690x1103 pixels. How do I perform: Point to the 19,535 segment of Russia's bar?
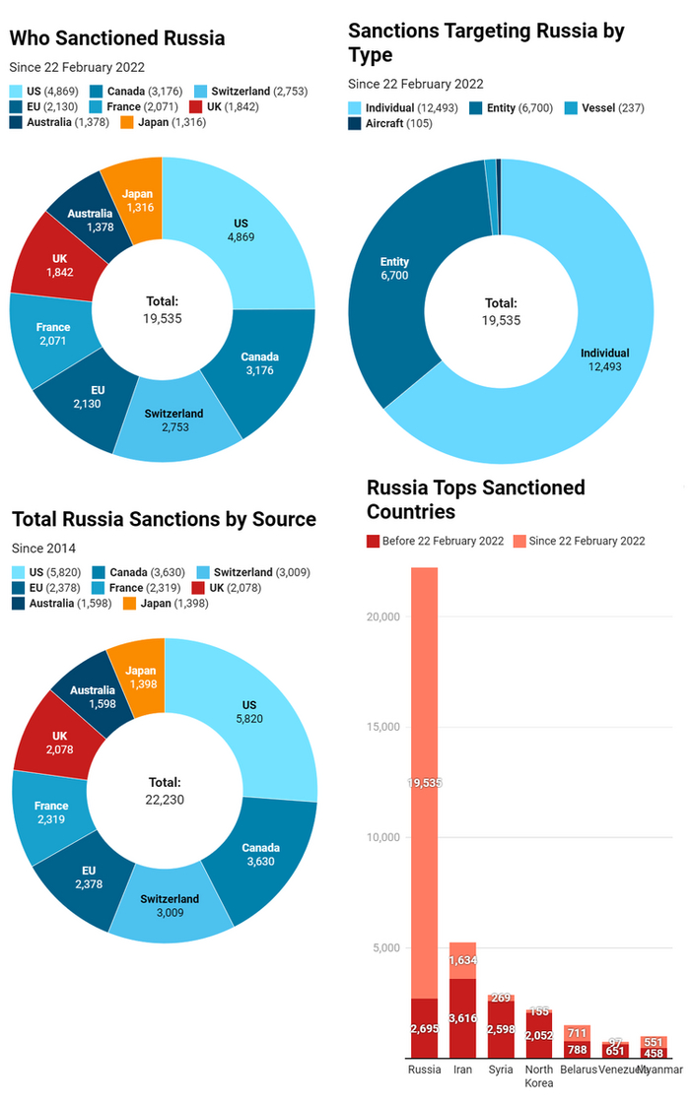pos(425,782)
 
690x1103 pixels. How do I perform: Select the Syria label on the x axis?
pos(501,1070)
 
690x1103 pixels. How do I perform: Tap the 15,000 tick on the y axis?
pos(380,727)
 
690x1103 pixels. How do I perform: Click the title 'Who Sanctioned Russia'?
pos(117,38)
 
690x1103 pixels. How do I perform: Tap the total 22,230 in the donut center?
pos(166,799)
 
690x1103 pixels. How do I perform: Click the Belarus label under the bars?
pos(577,1070)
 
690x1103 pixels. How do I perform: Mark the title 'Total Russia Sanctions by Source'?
pos(165,519)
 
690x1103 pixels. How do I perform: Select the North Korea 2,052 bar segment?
pos(539,1034)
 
